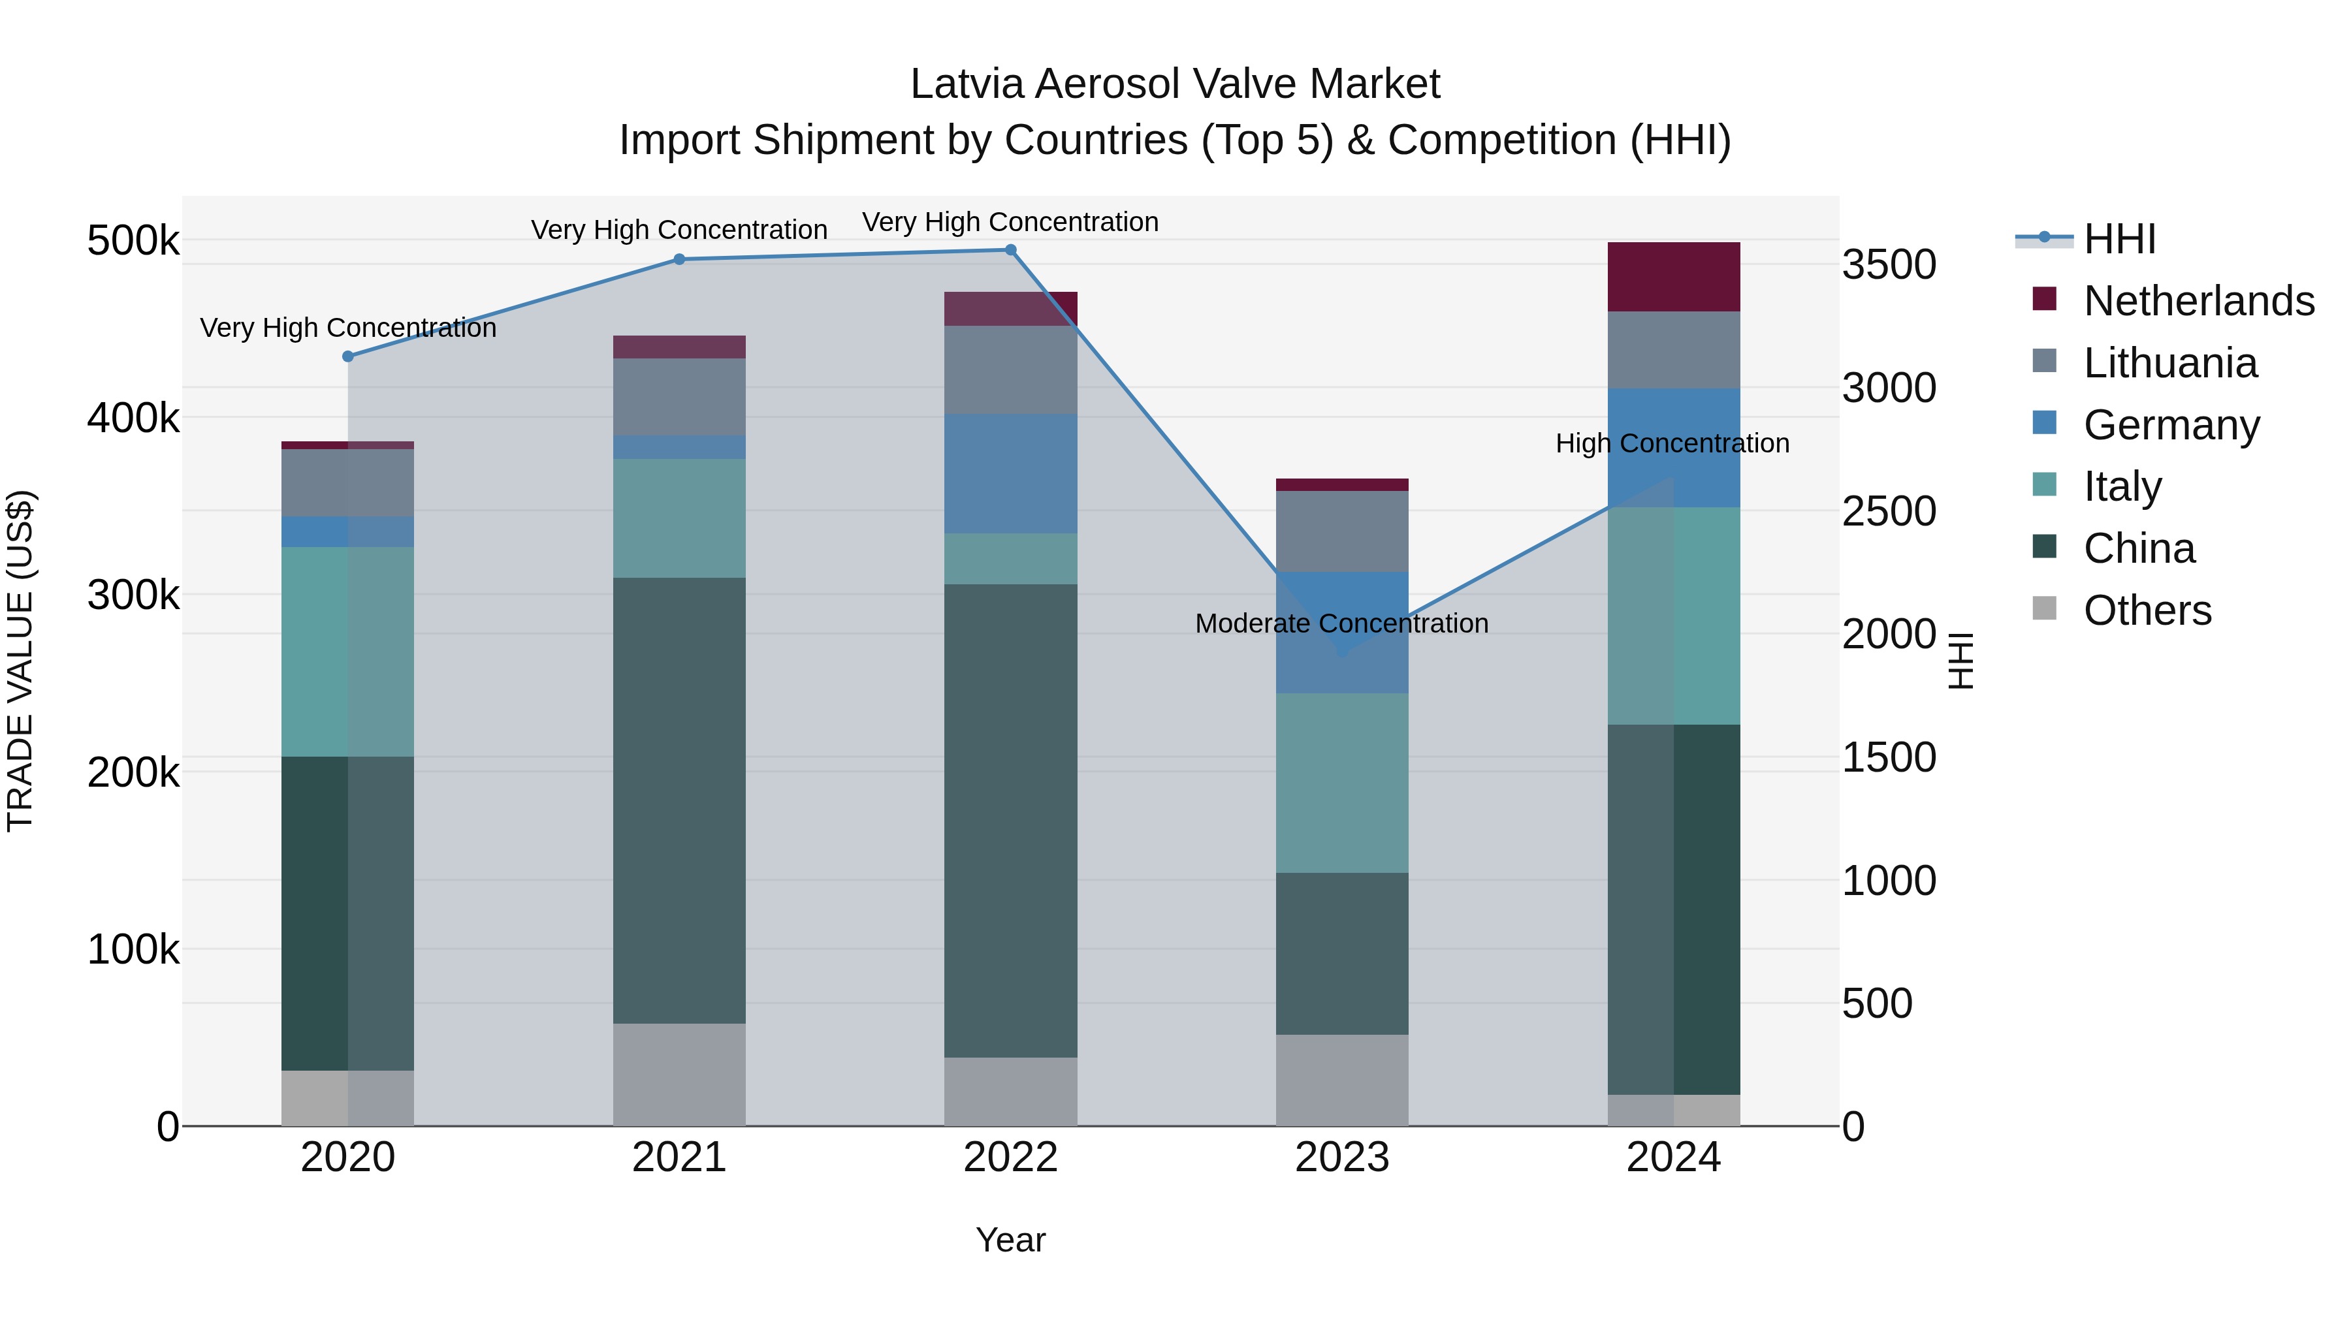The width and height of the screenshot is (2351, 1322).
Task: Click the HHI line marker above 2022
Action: (1010, 250)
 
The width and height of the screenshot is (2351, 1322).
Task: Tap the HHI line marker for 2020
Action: (347, 356)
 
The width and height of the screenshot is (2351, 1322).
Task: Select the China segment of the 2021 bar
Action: (679, 800)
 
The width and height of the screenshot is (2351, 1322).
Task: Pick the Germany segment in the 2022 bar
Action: (1010, 473)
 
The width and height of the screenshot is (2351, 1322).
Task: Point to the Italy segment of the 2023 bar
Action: (1341, 782)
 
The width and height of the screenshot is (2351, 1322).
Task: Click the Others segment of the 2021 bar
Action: (679, 1074)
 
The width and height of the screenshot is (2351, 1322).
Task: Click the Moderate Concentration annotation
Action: (1341, 624)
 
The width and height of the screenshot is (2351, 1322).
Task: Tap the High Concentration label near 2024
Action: (1672, 443)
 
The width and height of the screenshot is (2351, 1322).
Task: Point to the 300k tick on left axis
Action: (133, 596)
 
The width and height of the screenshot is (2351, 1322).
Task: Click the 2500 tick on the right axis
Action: (1888, 512)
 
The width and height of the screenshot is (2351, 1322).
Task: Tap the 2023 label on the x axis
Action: (1341, 1157)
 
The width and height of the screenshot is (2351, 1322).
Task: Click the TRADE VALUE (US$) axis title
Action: (20, 661)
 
